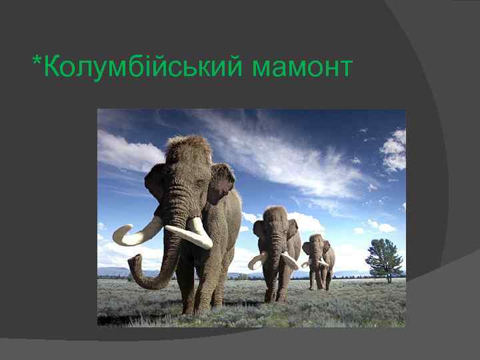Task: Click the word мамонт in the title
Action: point(302,67)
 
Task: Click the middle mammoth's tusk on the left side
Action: point(257,261)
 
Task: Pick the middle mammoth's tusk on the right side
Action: point(291,260)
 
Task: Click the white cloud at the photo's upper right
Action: point(395,150)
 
